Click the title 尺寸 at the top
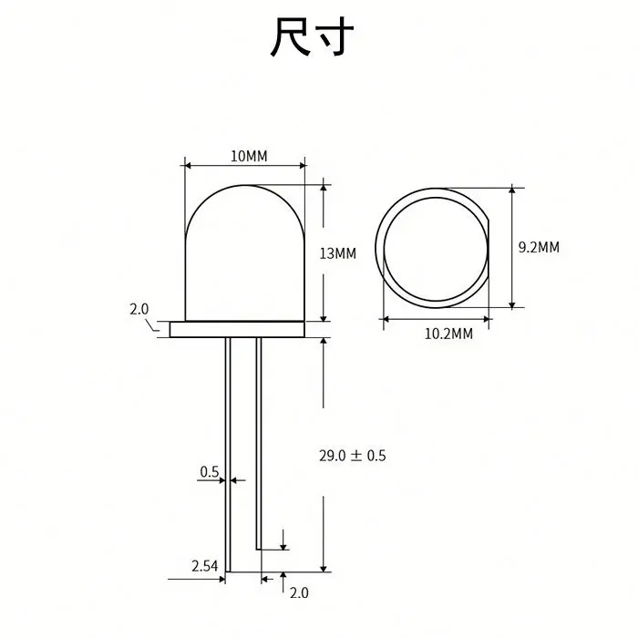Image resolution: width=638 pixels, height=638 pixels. [312, 37]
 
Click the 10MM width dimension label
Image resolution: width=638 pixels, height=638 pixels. [249, 156]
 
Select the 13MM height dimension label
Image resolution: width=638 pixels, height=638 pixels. [338, 252]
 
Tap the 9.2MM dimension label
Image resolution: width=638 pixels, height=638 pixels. [538, 246]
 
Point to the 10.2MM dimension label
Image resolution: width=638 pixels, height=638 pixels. [448, 334]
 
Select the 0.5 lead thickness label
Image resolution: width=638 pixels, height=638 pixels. [210, 471]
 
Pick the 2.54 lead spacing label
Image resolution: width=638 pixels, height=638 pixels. [204, 566]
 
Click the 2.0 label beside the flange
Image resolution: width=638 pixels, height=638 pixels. [139, 309]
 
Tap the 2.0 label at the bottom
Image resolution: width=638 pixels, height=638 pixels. [299, 592]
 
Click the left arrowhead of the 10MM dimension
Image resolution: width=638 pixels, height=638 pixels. [189, 165]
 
